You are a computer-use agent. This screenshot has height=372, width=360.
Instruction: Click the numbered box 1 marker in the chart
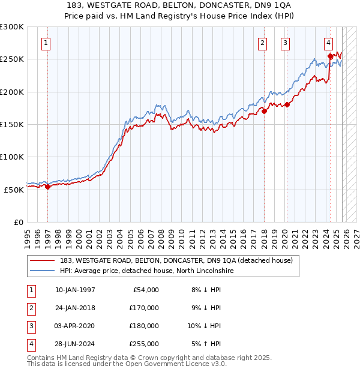pyautogui.click(x=46, y=43)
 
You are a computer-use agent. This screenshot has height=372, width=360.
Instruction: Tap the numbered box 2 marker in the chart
pyautogui.click(x=262, y=43)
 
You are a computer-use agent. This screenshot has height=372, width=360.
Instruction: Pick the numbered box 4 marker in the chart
pyautogui.click(x=329, y=43)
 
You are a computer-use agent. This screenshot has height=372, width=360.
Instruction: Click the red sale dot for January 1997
pyautogui.click(x=47, y=187)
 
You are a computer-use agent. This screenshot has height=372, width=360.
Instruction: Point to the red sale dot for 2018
pyautogui.click(x=264, y=111)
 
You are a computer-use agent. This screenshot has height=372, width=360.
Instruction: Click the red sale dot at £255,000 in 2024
pyautogui.click(x=330, y=56)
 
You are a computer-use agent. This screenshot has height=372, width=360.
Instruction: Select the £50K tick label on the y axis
pyautogui.click(x=14, y=190)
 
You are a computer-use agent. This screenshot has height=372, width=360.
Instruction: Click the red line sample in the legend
pyautogui.click(x=43, y=260)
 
